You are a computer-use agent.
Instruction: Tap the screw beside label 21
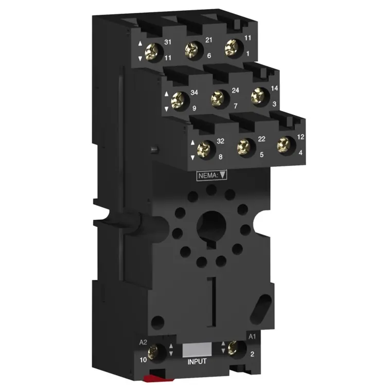[192, 49]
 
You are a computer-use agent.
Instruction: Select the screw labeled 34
[178, 100]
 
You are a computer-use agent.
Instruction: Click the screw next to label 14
[258, 96]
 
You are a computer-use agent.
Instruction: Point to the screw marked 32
[204, 150]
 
